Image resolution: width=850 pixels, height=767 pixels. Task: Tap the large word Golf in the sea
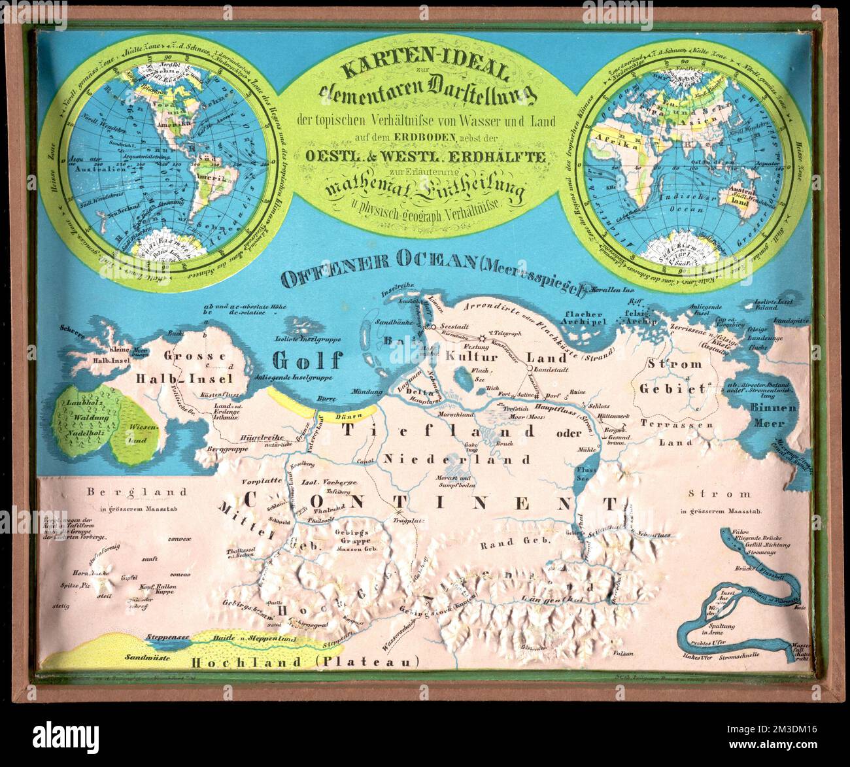click(x=308, y=360)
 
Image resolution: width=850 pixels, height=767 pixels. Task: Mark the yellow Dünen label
click(x=348, y=415)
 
